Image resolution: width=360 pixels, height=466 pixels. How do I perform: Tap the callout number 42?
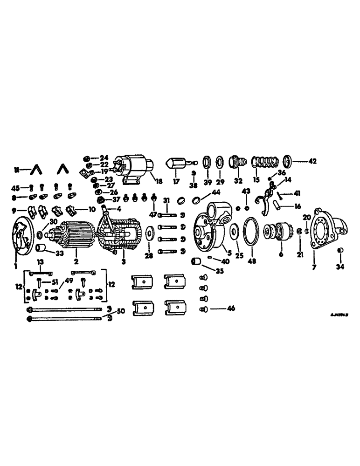tap(312, 162)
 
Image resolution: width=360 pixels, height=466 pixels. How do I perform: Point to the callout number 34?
tap(341, 267)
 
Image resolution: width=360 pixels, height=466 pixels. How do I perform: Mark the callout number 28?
tap(148, 257)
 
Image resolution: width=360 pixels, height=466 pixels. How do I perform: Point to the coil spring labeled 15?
tap(261, 163)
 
